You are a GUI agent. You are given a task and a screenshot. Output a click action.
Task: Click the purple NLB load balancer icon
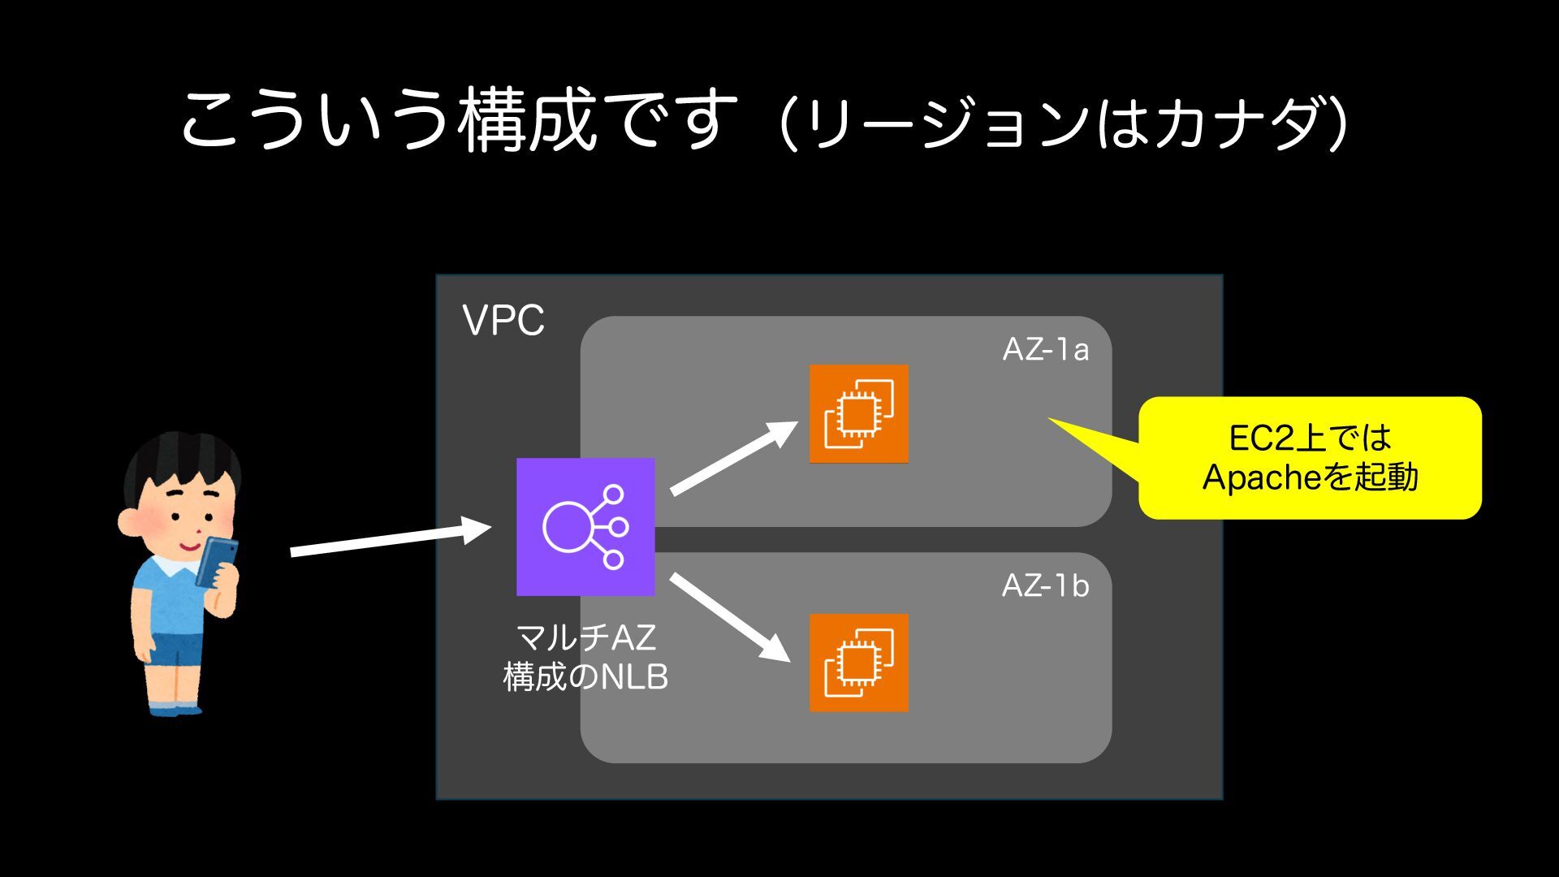pyautogui.click(x=585, y=526)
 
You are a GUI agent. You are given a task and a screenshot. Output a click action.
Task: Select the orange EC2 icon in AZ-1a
pyautogui.click(x=858, y=413)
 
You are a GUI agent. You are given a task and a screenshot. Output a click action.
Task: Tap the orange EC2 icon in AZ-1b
pyautogui.click(x=858, y=663)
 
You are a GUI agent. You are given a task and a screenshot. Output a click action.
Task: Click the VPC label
pyautogui.click(x=503, y=321)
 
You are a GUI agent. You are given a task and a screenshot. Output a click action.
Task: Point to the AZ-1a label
pyautogui.click(x=1045, y=349)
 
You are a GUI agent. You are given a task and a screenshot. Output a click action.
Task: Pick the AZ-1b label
pyautogui.click(x=1045, y=585)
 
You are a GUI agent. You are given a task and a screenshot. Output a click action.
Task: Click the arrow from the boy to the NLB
pyautogui.click(x=390, y=541)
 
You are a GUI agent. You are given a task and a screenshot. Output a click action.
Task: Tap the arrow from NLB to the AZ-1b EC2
pyautogui.click(x=729, y=617)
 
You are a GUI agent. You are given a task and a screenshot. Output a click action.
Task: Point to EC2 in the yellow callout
pyautogui.click(x=1261, y=438)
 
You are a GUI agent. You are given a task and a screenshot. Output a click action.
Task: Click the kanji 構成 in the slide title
pyautogui.click(x=528, y=122)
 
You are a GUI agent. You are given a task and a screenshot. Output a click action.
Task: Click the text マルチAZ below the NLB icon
pyautogui.click(x=585, y=637)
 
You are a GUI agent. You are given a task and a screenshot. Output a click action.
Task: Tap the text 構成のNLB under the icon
pyautogui.click(x=585, y=676)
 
